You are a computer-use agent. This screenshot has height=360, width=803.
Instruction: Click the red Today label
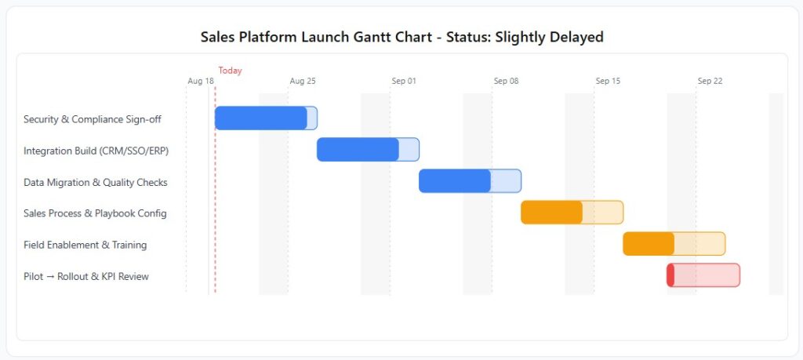(230, 71)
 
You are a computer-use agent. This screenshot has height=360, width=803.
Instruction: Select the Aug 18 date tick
(201, 81)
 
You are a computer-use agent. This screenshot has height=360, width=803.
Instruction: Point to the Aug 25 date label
(303, 81)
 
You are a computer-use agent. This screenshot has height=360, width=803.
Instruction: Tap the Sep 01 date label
(404, 81)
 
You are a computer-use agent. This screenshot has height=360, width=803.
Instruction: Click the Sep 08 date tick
(506, 81)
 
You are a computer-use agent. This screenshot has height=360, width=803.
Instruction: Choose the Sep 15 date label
(608, 81)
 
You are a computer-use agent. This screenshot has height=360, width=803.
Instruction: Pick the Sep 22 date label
(710, 81)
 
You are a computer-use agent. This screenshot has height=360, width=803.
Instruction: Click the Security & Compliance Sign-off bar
(267, 118)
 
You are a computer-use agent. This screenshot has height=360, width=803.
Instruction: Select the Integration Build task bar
(369, 150)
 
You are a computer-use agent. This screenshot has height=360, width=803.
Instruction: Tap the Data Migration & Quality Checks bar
(471, 180)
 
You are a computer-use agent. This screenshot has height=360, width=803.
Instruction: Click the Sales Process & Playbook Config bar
(572, 213)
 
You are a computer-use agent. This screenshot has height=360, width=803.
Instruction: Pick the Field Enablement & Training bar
(674, 244)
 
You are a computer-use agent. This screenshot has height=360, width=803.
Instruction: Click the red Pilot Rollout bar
(703, 275)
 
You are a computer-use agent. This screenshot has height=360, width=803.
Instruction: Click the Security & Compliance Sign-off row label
(93, 119)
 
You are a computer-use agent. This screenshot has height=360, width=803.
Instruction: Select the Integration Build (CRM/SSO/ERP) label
(96, 151)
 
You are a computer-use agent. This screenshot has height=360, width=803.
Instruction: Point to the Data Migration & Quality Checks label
(95, 182)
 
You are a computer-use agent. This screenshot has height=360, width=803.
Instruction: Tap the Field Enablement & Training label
(85, 245)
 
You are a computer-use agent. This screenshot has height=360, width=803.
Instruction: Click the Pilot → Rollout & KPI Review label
(86, 277)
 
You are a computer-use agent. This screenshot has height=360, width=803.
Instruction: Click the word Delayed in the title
(575, 37)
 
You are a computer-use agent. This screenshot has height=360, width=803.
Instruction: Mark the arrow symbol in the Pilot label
(50, 277)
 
